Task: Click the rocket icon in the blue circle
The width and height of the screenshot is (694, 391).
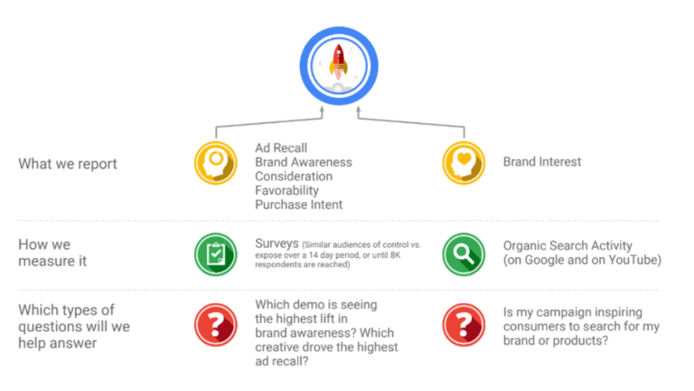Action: (x=339, y=65)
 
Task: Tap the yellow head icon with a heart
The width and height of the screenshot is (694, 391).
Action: (x=464, y=163)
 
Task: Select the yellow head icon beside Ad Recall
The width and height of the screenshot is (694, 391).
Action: (x=216, y=163)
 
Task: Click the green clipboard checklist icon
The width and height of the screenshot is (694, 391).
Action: (x=216, y=254)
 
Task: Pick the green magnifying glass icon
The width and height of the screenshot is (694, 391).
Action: (x=464, y=254)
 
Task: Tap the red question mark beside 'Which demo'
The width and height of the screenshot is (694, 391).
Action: (x=216, y=325)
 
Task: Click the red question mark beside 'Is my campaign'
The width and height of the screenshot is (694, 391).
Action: (x=464, y=325)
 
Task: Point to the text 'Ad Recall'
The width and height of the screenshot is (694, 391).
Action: (x=281, y=148)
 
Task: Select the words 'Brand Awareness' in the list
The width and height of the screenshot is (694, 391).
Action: (x=304, y=162)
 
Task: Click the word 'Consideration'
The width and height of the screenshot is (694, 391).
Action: (x=294, y=176)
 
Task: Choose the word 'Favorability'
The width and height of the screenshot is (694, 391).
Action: (x=286, y=191)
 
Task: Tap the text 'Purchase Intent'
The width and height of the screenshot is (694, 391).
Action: (x=299, y=205)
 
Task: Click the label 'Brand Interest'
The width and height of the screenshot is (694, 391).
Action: (x=542, y=162)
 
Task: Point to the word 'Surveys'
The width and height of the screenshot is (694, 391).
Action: (x=277, y=243)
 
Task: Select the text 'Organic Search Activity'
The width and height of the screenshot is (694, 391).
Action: (x=567, y=245)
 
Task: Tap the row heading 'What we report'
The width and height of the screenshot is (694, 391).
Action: (x=68, y=164)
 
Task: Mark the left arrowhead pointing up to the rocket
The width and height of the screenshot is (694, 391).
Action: (x=323, y=110)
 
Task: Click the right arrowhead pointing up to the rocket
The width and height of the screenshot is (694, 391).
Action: (x=359, y=110)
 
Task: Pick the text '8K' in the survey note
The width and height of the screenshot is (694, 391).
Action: (x=395, y=255)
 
